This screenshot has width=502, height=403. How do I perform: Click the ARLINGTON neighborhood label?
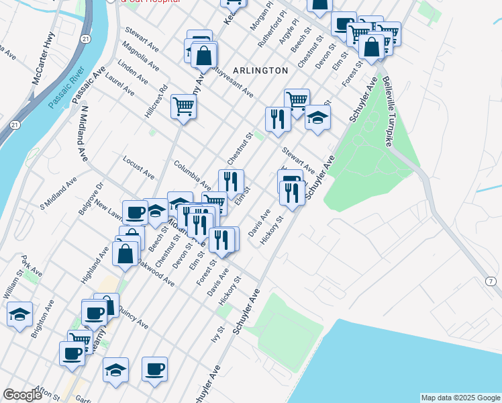click(260, 70)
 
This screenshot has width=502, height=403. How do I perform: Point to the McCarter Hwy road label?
click(42, 62)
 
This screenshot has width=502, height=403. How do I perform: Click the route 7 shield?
click(492, 280)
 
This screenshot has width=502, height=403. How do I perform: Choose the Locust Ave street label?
click(139, 168)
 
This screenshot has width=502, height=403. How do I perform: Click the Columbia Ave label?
click(192, 174)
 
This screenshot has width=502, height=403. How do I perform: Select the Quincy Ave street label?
click(133, 318)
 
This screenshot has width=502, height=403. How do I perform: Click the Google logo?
click(22, 395)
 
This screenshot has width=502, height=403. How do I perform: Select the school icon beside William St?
click(19, 314)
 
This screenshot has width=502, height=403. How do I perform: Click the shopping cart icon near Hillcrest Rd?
click(183, 105)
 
